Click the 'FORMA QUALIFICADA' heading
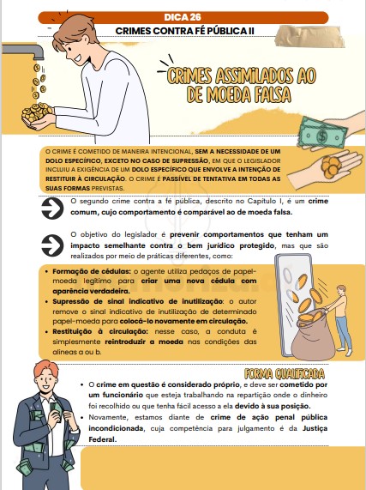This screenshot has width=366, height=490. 284,374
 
